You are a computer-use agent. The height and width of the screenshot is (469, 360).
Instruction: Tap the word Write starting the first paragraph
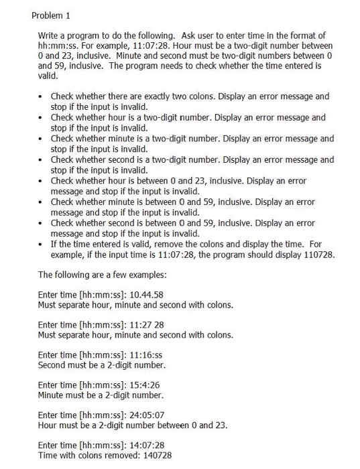point(50,35)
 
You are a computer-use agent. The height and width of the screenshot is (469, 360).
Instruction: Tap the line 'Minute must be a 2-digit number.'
point(101,395)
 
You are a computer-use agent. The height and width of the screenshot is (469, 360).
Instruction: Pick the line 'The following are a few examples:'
point(105,274)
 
